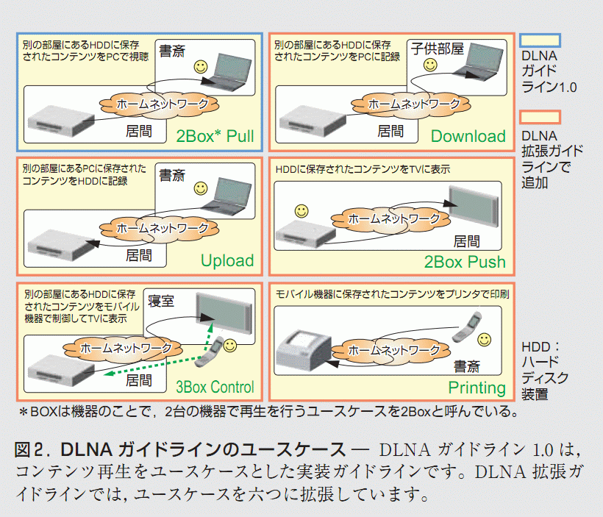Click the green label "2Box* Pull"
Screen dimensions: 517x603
tap(215, 136)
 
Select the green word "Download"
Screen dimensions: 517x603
tap(468, 136)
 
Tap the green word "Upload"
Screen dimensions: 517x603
tap(227, 260)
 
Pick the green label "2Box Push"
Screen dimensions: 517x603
tap(465, 261)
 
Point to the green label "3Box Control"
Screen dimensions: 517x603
tap(215, 387)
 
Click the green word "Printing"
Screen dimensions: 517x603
tap(477, 388)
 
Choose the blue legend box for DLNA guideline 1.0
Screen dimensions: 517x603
tap(540, 40)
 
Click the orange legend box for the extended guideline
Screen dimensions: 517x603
tap(540, 118)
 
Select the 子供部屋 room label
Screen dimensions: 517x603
tap(438, 49)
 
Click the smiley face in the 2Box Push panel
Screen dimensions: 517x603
tap(301, 212)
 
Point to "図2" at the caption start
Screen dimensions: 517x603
tap(29, 449)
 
